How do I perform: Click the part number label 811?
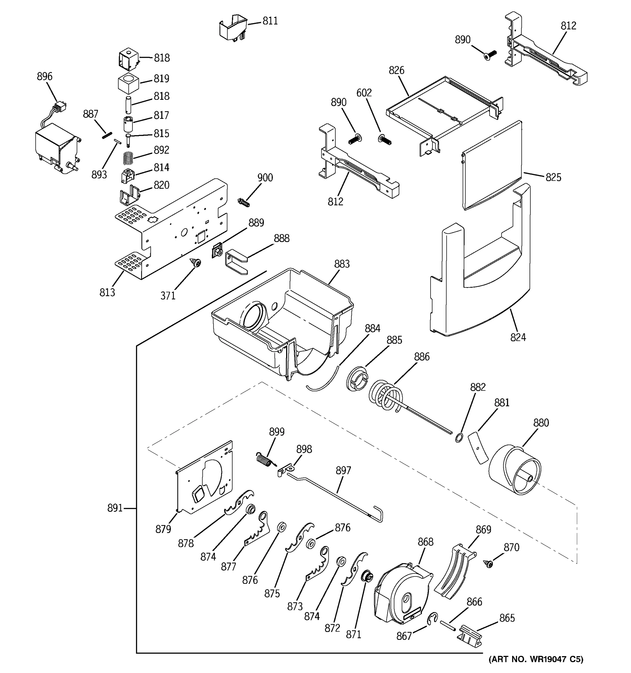pyautogui.click(x=270, y=21)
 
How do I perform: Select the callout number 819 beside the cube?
pyautogui.click(x=161, y=79)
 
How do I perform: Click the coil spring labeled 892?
pyautogui.click(x=128, y=158)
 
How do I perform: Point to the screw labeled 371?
pyautogui.click(x=195, y=262)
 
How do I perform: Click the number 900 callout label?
pyautogui.click(x=265, y=178)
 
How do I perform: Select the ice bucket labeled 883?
pyautogui.click(x=281, y=322)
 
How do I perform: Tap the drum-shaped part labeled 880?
pyautogui.click(x=515, y=471)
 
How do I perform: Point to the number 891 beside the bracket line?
pyautogui.click(x=115, y=508)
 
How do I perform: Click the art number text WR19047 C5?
pyautogui.click(x=536, y=659)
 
